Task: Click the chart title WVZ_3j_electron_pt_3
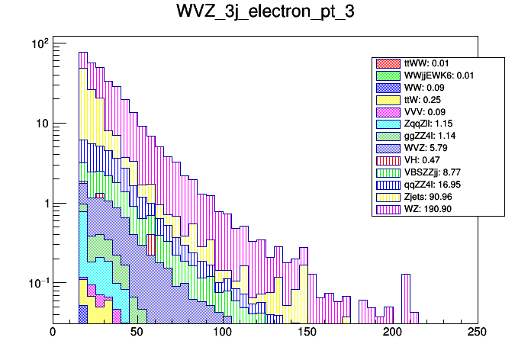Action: (265, 13)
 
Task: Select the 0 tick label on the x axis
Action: (53, 333)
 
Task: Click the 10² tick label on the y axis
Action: (38, 44)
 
